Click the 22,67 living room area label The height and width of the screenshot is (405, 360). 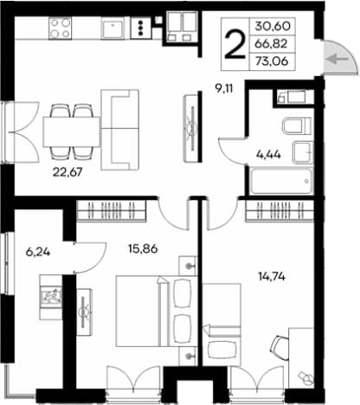coord(67,172)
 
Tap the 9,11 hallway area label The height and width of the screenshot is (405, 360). coord(223,89)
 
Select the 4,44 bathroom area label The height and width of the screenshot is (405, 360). coord(268,155)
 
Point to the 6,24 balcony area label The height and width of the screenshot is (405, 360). coord(38,253)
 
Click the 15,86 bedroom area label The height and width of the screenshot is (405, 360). coord(143,248)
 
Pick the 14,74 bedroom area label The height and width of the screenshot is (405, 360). coord(272,277)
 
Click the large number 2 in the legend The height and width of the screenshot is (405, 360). coord(235,44)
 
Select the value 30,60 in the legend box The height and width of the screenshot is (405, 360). coord(273,26)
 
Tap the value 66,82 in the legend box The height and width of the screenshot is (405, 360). coord(271,44)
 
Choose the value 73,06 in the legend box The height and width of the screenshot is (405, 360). coord(272,61)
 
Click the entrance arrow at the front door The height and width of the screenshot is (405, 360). coord(338,60)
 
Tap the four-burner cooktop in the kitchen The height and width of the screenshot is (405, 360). coord(60,28)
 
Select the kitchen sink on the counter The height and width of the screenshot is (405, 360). coord(113,28)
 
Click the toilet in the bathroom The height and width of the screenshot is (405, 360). coord(297,126)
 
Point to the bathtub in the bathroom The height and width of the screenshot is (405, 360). coord(281,181)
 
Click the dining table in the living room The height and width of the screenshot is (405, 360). coord(72,132)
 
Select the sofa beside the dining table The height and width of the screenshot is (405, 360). coord(119,130)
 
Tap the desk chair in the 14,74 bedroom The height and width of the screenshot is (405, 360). coord(280,348)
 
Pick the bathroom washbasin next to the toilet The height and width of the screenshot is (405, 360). coord(303,152)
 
